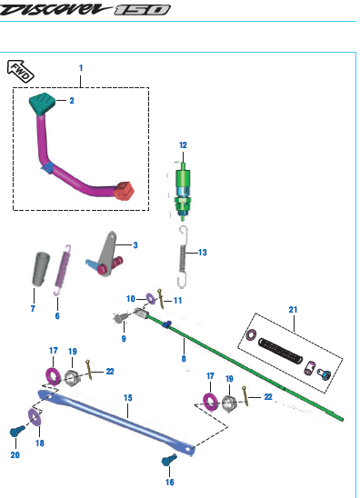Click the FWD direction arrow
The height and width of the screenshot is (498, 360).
pyautogui.click(x=21, y=71)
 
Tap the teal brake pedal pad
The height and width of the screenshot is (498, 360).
pyautogui.click(x=42, y=104)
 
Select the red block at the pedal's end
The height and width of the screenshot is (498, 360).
pyautogui.click(x=124, y=191)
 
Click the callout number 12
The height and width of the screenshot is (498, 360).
pyautogui.click(x=183, y=145)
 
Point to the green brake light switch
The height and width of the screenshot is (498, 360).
pyautogui.click(x=183, y=192)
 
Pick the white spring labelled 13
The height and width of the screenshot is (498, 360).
pyautogui.click(x=183, y=256)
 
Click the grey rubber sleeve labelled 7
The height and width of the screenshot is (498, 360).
pyautogui.click(x=41, y=269)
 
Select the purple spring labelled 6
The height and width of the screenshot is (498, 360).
pyautogui.click(x=63, y=270)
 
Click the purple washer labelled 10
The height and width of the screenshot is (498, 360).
pyautogui.click(x=150, y=299)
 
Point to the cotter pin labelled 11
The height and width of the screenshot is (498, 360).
pyautogui.click(x=161, y=299)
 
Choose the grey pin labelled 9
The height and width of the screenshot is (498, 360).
pyautogui.click(x=121, y=317)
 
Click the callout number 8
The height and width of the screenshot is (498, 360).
pyautogui.click(x=184, y=359)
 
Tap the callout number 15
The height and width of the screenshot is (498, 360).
pyautogui.click(x=128, y=398)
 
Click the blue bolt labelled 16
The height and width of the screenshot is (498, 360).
pyautogui.click(x=169, y=460)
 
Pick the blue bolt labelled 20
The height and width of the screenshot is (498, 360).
pyautogui.click(x=17, y=431)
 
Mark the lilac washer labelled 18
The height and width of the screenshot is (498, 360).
pyautogui.click(x=34, y=417)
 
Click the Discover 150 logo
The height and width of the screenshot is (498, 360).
pyautogui.click(x=85, y=9)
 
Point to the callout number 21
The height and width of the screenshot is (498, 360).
pyautogui.click(x=293, y=309)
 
